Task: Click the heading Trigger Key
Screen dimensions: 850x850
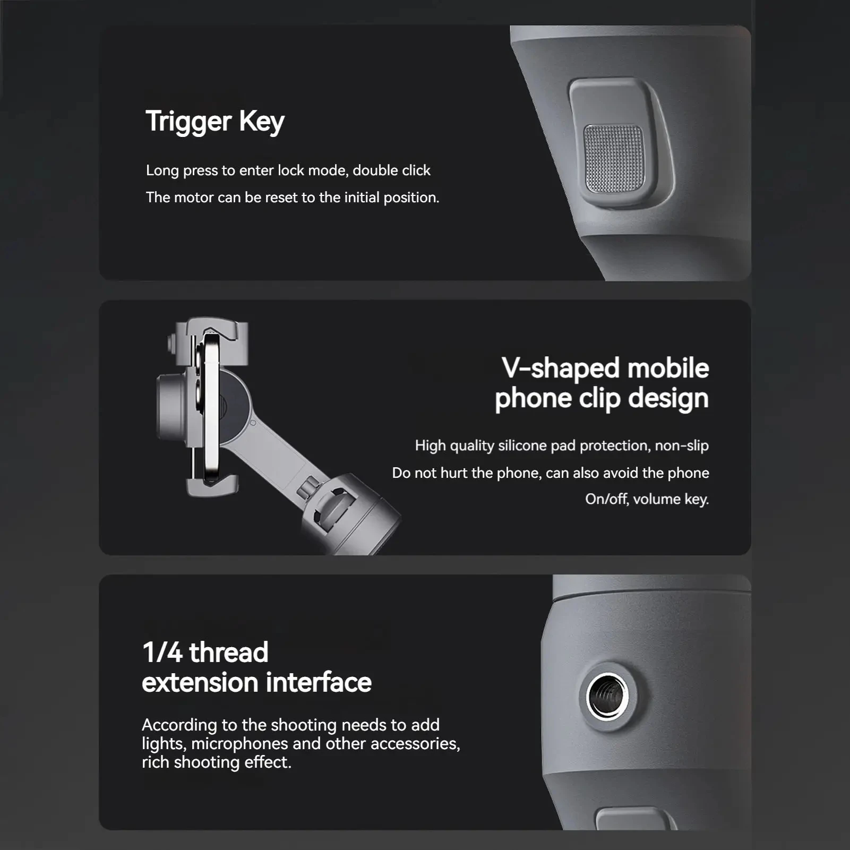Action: (215, 122)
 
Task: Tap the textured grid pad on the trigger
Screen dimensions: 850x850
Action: (614, 158)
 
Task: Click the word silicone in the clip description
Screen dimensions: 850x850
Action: (522, 445)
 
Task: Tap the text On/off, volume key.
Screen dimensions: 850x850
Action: (647, 499)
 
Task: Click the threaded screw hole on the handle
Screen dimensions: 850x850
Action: (607, 696)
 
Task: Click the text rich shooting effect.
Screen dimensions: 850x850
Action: (217, 762)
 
